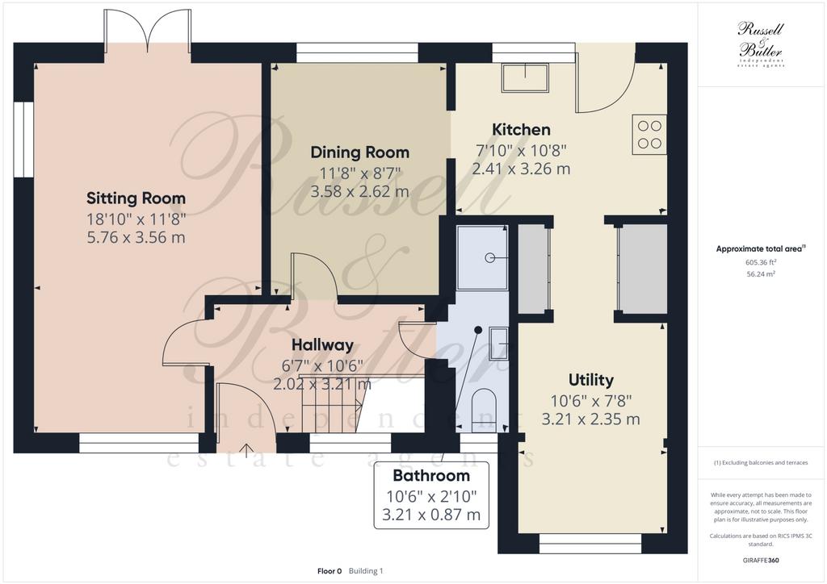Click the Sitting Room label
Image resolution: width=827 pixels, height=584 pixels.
point(136,198)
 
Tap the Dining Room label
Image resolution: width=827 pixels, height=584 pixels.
point(359,152)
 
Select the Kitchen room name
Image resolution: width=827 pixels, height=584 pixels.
point(521,130)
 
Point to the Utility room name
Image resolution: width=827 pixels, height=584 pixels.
point(590,380)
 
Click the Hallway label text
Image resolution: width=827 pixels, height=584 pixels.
point(322,345)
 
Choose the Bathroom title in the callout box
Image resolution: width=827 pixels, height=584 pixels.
point(431,476)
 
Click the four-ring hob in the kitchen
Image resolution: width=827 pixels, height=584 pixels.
point(649,135)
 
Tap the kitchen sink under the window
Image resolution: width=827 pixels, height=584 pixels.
point(525,77)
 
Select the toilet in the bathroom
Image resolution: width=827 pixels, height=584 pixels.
point(485,409)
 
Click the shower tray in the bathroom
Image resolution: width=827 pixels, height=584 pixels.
point(483,257)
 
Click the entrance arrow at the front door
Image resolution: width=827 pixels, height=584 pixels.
point(246,448)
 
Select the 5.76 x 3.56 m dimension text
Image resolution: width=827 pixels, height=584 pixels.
point(136,237)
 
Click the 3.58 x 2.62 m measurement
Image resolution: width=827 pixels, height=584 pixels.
point(359,191)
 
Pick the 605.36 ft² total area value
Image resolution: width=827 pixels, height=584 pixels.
point(760,261)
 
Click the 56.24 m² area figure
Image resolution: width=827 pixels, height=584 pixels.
point(761,273)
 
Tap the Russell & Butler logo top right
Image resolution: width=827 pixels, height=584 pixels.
point(761,44)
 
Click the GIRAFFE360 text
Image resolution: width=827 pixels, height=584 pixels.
point(761,561)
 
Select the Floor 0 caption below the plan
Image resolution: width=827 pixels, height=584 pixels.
point(330,571)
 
